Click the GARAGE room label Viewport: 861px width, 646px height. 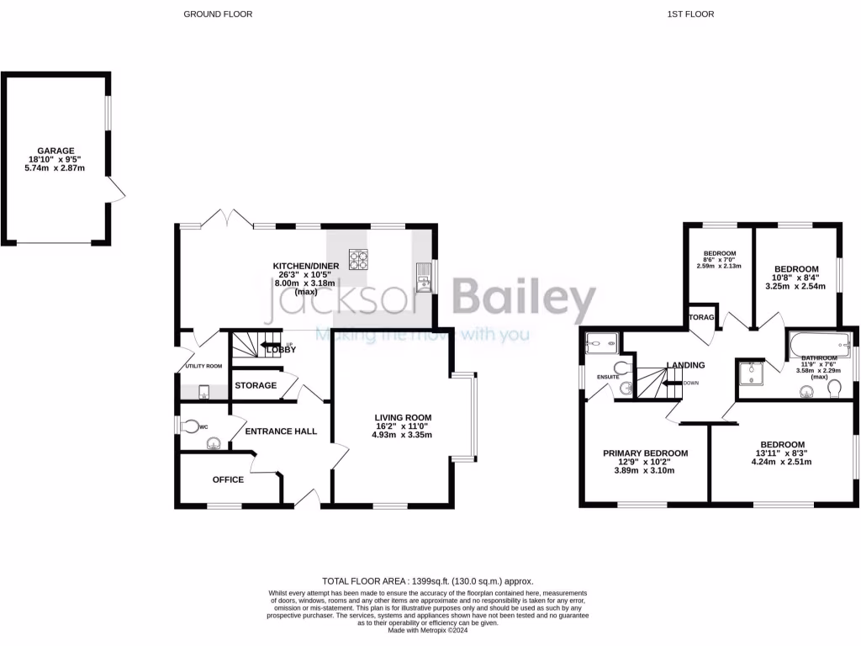pyautogui.click(x=55, y=151)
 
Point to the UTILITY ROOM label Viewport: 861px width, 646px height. pyautogui.click(x=203, y=366)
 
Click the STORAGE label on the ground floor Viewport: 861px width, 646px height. pyautogui.click(x=256, y=385)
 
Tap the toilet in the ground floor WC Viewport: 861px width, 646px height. pyautogui.click(x=194, y=426)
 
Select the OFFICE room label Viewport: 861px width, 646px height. pyautogui.click(x=228, y=479)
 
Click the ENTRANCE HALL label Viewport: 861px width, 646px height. pyautogui.click(x=281, y=432)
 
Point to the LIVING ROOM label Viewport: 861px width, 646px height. pyautogui.click(x=403, y=416)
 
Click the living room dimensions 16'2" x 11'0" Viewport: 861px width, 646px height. pyautogui.click(x=403, y=426)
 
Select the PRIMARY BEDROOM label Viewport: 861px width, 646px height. pyautogui.click(x=645, y=453)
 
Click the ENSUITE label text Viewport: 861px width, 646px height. pyautogui.click(x=608, y=377)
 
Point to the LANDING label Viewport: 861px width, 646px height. pyautogui.click(x=685, y=365)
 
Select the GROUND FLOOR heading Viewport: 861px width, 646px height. pyautogui.click(x=218, y=14)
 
